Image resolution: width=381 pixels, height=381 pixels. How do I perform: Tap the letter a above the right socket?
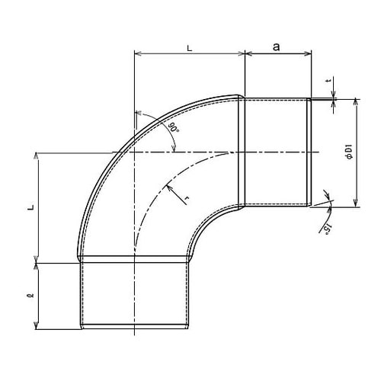tap(277, 46)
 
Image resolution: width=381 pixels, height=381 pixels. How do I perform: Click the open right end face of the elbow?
tap(309, 152)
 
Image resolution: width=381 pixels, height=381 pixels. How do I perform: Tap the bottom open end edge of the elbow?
tap(134, 328)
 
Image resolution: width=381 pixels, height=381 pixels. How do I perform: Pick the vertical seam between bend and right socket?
tap(242, 152)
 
